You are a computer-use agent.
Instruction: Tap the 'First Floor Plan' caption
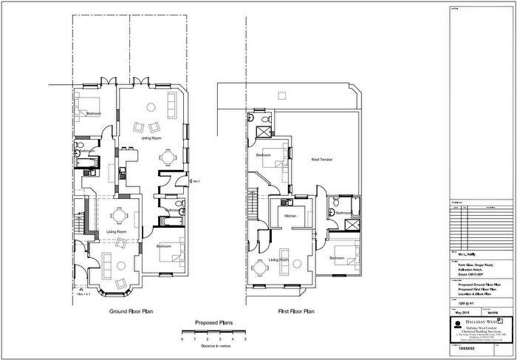click(284, 311)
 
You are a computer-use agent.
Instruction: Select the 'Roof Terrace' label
click(321, 160)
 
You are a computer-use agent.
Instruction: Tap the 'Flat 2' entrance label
click(195, 180)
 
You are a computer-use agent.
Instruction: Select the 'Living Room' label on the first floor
click(278, 260)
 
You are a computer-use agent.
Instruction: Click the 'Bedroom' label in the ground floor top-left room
click(93, 114)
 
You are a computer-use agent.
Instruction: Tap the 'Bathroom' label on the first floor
click(344, 213)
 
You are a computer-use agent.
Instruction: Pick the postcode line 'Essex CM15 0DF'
click(469, 273)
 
